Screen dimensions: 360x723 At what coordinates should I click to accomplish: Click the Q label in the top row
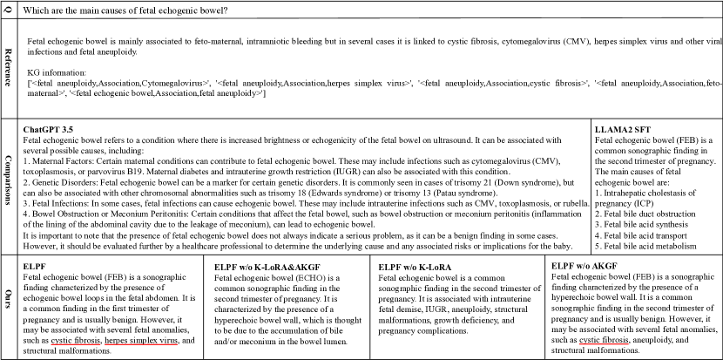[x=9, y=9]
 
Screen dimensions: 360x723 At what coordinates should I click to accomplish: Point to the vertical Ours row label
[x=9, y=306]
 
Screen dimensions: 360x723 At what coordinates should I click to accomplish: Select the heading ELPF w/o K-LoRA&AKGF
[x=271, y=265]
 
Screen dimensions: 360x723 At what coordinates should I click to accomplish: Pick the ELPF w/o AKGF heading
[x=598, y=265]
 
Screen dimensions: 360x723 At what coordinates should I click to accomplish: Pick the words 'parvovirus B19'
[x=139, y=173]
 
